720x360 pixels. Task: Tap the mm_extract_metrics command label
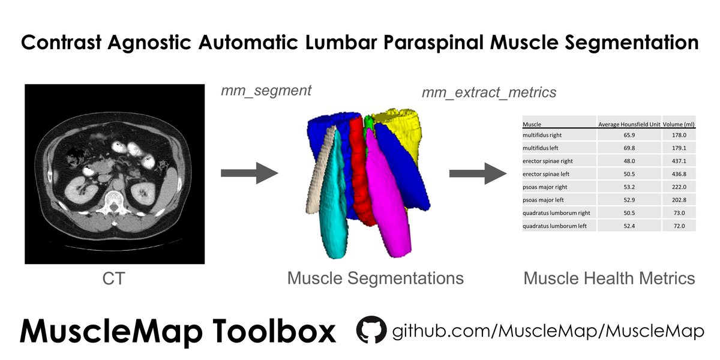click(x=489, y=92)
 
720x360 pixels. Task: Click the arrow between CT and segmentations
click(x=250, y=173)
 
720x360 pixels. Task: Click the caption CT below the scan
click(x=114, y=278)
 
